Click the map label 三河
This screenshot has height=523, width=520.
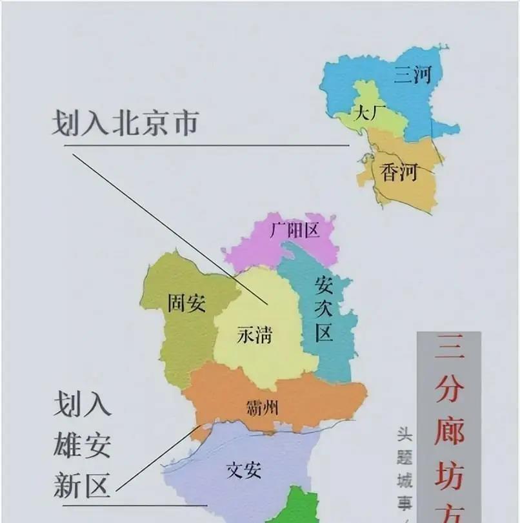pos(413,77)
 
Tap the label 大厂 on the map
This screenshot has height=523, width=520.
pos(369,114)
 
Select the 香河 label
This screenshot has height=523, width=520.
pos(399,172)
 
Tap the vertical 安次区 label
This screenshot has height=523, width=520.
pos(324,309)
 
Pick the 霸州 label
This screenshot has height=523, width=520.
pos(262,407)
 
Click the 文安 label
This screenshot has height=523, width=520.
pos(244,469)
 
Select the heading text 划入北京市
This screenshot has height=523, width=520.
pos(125,123)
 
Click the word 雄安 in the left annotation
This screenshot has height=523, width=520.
pos(82,446)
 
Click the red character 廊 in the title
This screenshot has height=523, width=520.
pos(450,431)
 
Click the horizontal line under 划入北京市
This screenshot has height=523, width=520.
pos(206,145)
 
